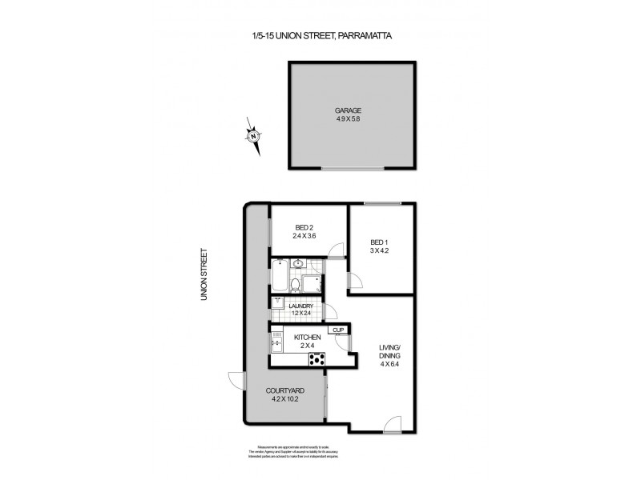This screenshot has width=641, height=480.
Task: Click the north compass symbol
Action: click(254, 136)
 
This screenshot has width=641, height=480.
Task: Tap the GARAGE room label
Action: click(347, 112)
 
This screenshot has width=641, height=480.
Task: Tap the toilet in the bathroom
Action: click(295, 286)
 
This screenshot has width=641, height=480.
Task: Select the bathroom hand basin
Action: click(297, 265)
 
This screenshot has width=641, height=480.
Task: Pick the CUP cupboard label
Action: click(338, 330)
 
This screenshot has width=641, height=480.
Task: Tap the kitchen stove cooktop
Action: click(318, 359)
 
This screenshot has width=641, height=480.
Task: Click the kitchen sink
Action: click(276, 346)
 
